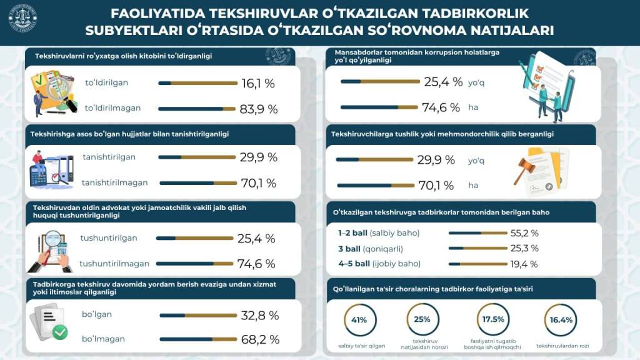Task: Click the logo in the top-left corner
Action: click(x=22, y=19)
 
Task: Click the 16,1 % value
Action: click(x=257, y=83)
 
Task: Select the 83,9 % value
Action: click(x=258, y=109)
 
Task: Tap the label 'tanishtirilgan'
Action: click(x=109, y=157)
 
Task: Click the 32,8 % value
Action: click(x=259, y=316)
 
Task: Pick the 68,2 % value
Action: click(x=259, y=340)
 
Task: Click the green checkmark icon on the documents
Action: click(x=60, y=332)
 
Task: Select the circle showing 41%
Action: click(x=359, y=320)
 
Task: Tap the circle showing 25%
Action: click(x=422, y=320)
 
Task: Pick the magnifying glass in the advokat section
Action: click(x=54, y=240)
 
